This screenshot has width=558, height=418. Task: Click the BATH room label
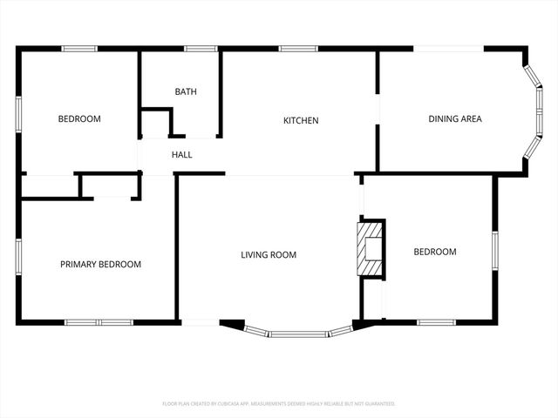click(x=185, y=91)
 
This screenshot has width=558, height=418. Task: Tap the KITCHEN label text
click(x=301, y=120)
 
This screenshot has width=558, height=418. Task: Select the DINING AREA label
click(x=454, y=119)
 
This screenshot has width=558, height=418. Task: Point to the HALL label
click(x=181, y=155)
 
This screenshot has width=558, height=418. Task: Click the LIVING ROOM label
click(x=269, y=255)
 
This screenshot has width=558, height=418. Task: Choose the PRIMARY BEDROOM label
click(x=100, y=264)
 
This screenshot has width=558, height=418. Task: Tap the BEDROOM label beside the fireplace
click(x=434, y=252)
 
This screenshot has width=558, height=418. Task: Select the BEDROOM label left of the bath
click(x=79, y=119)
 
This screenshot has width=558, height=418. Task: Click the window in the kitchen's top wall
click(x=297, y=49)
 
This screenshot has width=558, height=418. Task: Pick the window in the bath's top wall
click(x=201, y=49)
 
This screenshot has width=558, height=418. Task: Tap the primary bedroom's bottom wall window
click(x=98, y=322)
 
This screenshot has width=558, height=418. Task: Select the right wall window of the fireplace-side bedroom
click(x=494, y=247)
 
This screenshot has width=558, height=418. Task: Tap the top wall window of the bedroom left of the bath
click(x=78, y=49)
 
